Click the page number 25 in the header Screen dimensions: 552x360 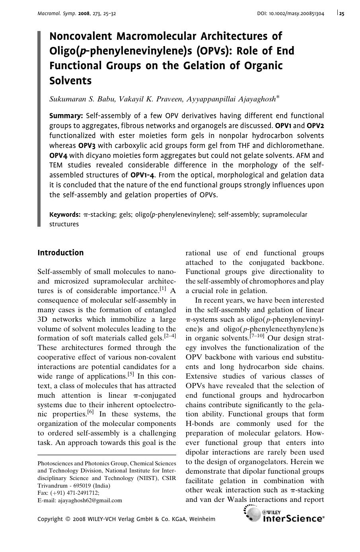coord(342,14)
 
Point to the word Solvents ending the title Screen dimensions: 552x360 coord(70,81)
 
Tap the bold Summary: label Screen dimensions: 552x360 coord(66,116)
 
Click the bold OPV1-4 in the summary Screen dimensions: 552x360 coord(143,175)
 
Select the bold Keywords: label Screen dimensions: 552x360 coord(65,215)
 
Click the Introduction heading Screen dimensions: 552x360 coord(60,253)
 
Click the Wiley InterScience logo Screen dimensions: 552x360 coord(284,515)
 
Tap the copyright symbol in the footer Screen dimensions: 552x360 coord(68,519)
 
